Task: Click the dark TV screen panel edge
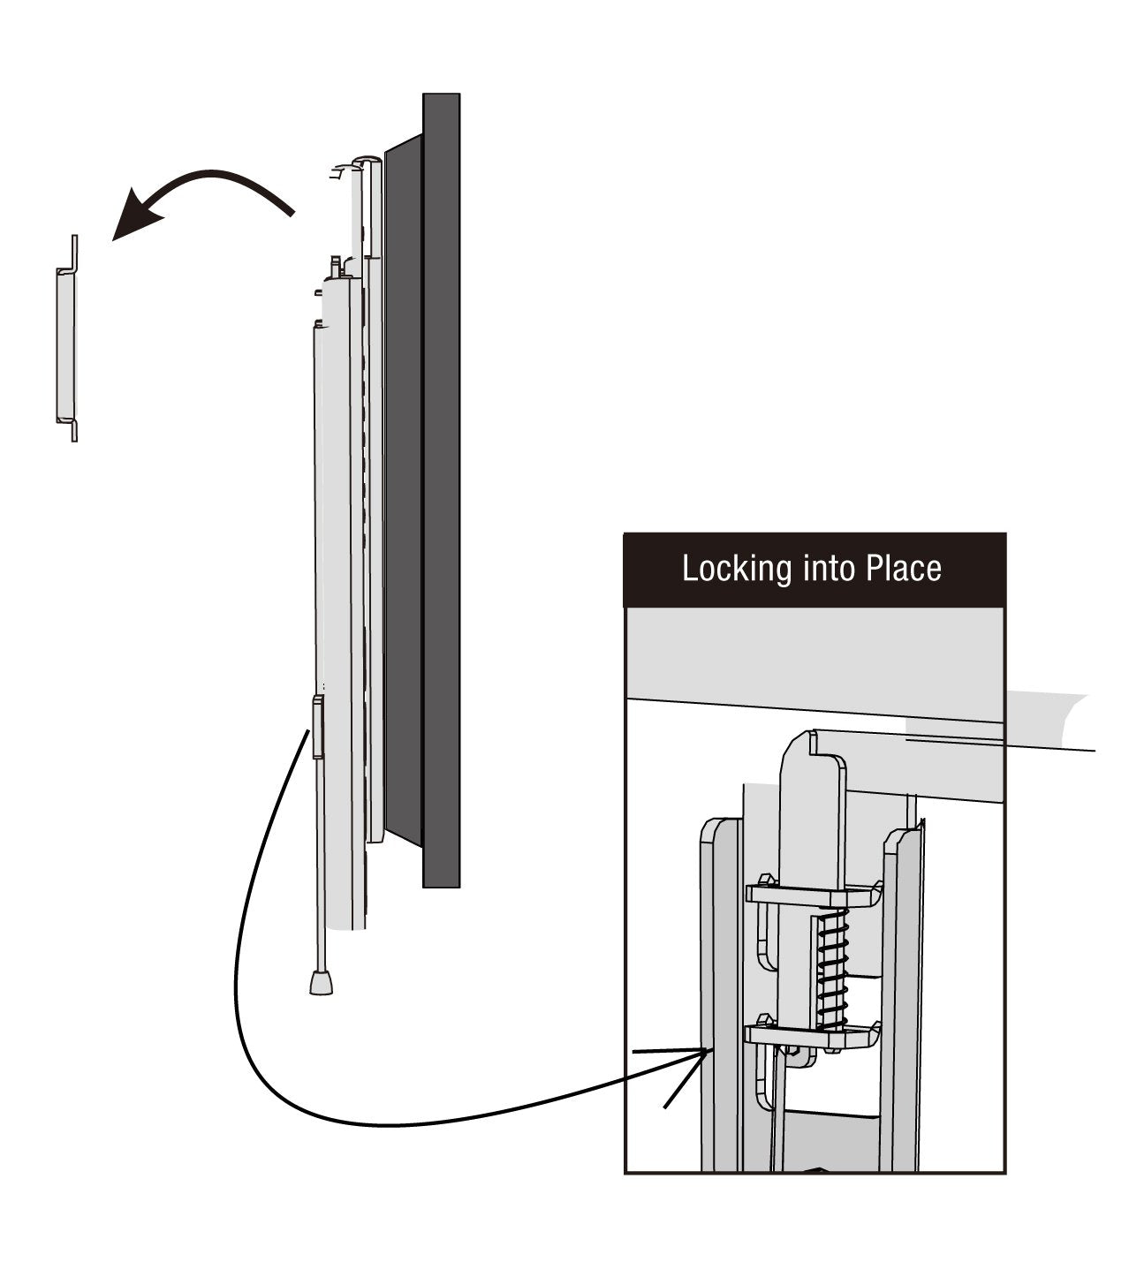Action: coord(441,486)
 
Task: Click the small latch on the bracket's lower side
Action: coord(317,726)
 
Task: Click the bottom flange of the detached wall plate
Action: coord(74,430)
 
